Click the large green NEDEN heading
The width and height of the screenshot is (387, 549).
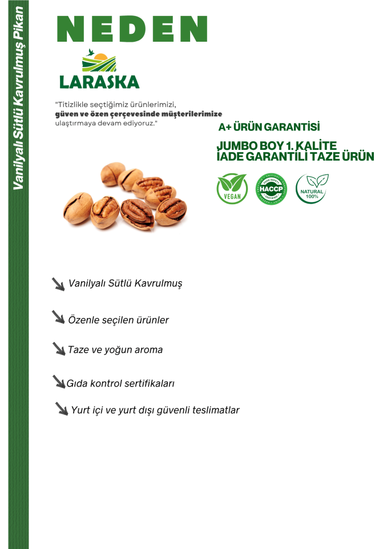click(x=132, y=28)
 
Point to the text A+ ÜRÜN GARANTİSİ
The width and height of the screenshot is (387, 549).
click(x=269, y=127)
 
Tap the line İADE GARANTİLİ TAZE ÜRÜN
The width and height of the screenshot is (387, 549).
click(x=295, y=156)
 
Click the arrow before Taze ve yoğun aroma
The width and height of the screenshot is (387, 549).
click(x=59, y=348)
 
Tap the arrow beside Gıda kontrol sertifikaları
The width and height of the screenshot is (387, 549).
click(x=59, y=381)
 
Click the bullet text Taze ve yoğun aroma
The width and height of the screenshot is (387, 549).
click(x=115, y=349)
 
